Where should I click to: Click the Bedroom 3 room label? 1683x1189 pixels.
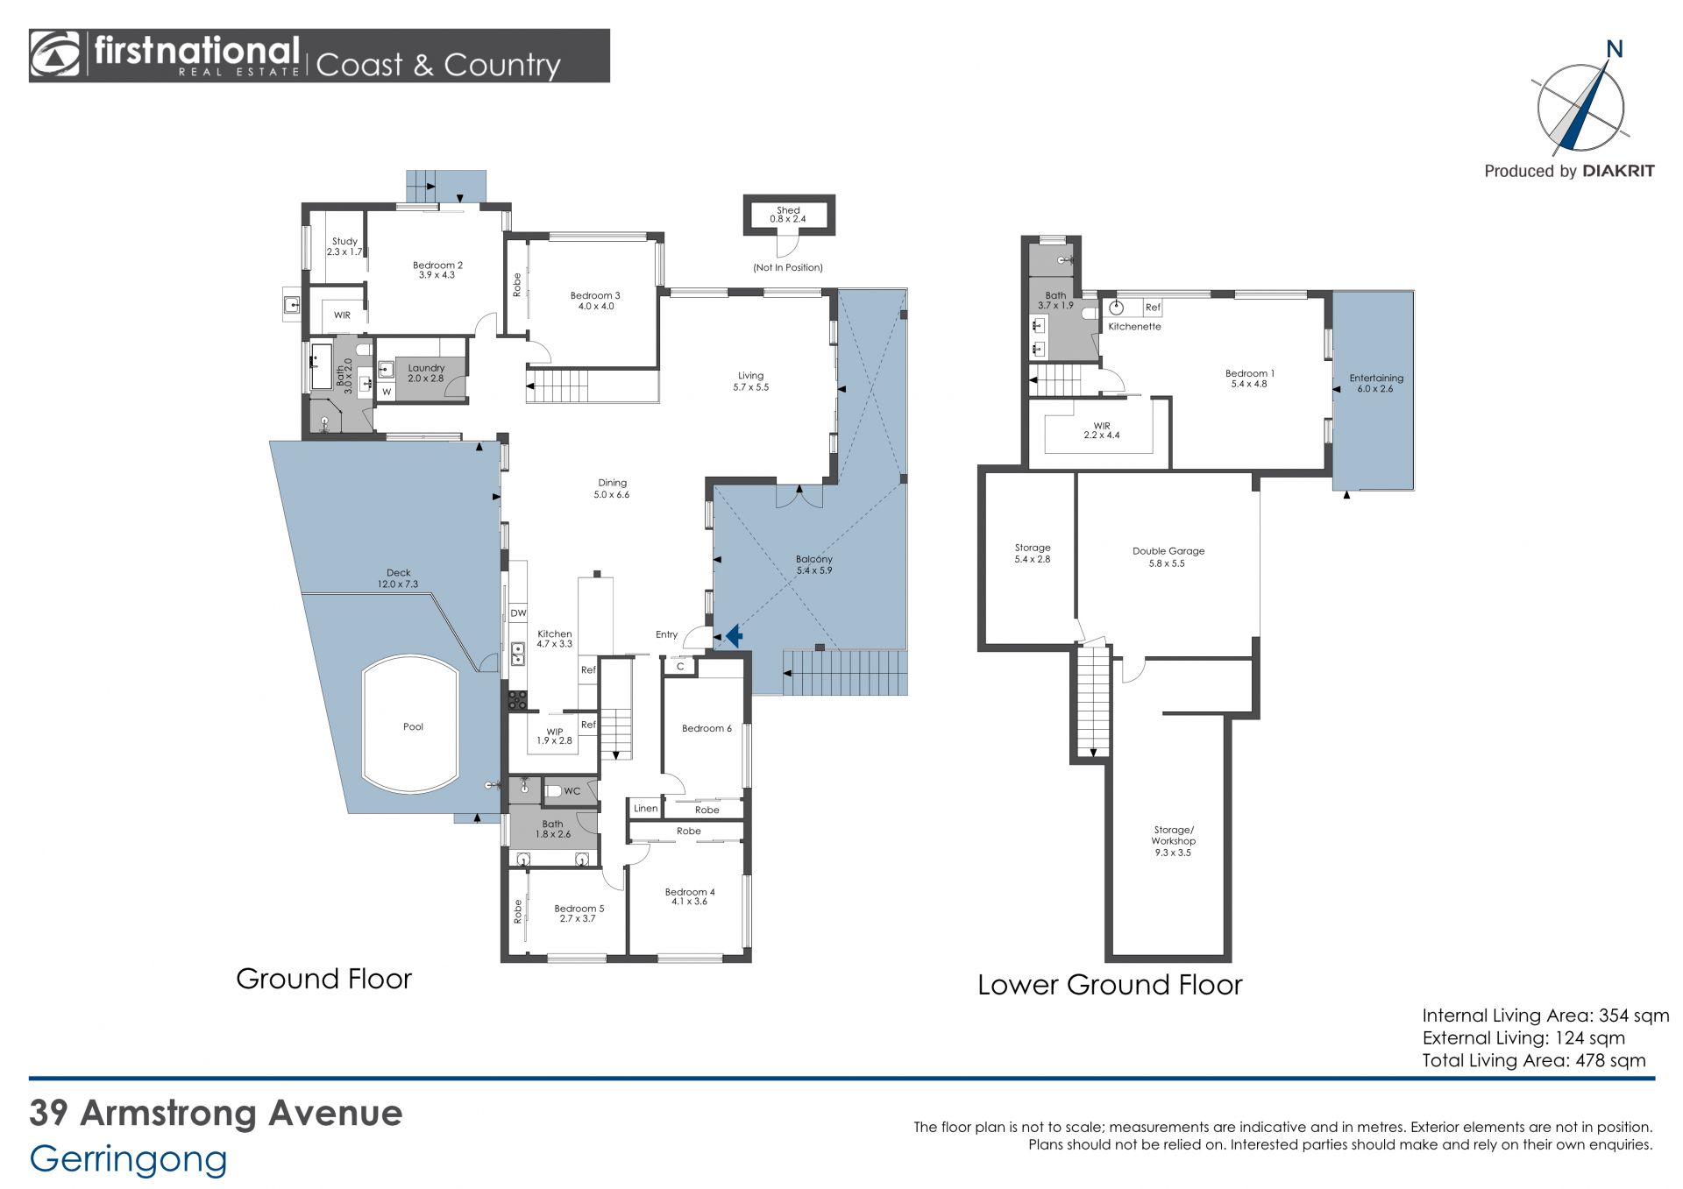(x=595, y=301)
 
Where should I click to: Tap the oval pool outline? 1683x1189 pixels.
(x=363, y=725)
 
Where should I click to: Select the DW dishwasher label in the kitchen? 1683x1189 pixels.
(x=518, y=613)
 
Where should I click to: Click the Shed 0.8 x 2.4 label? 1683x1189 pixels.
(x=788, y=215)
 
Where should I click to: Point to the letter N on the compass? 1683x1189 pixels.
(x=1614, y=50)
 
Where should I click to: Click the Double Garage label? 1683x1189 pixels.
(x=1168, y=557)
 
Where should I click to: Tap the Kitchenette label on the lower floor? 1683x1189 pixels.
(x=1134, y=327)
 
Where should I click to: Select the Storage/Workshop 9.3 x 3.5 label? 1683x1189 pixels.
(x=1173, y=840)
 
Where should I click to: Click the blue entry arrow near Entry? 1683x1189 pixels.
(x=734, y=634)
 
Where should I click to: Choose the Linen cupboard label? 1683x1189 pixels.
(x=645, y=809)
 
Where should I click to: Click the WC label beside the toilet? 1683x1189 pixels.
(x=572, y=791)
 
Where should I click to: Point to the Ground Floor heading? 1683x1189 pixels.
(x=323, y=979)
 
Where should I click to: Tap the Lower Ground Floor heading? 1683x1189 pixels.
(x=1110, y=985)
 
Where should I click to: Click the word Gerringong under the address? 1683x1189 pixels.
(x=128, y=1159)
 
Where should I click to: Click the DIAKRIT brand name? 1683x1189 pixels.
(x=1618, y=171)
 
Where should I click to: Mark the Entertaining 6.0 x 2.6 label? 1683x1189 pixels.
(x=1375, y=384)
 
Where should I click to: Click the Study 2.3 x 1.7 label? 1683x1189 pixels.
(x=344, y=246)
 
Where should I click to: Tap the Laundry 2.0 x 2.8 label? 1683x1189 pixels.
(x=426, y=373)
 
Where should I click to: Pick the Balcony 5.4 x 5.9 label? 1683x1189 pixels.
(x=814, y=565)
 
